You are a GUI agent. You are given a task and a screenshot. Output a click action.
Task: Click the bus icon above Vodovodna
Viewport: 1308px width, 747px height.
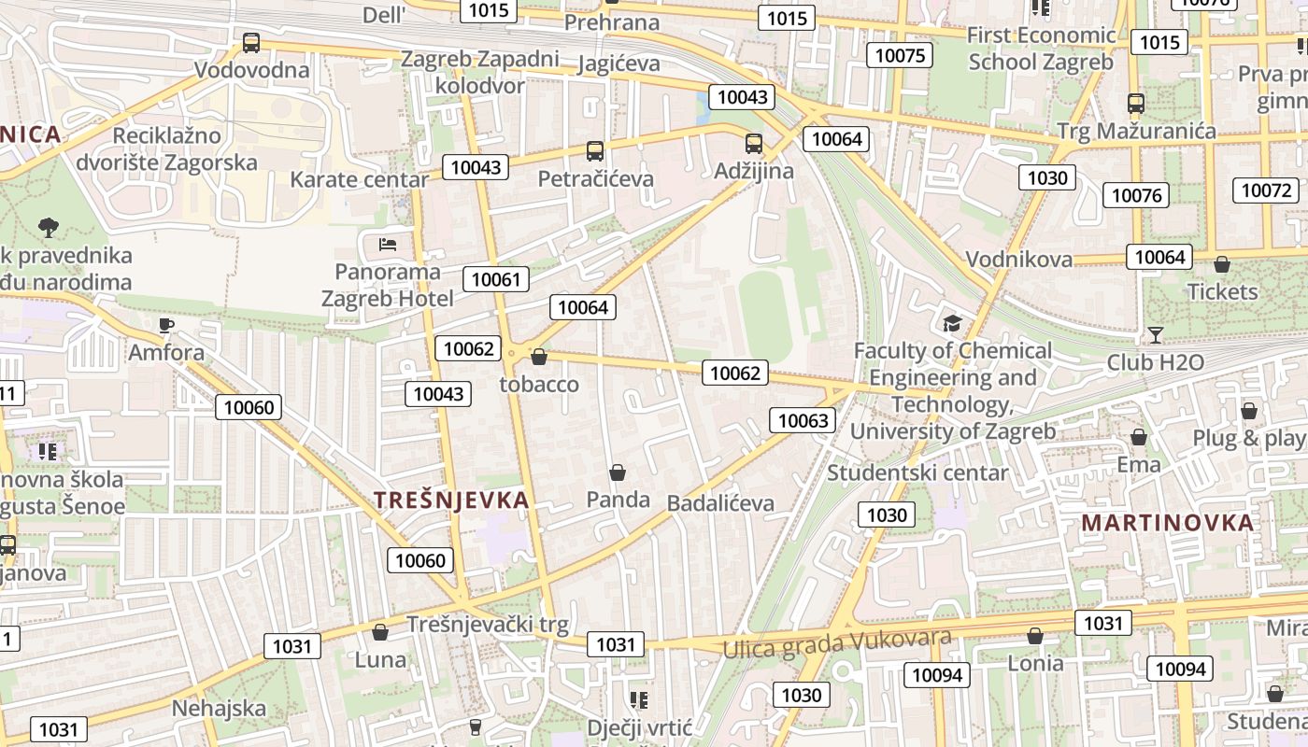[x=250, y=42]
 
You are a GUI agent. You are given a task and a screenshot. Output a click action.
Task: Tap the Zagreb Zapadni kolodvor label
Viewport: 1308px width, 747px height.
[x=479, y=72]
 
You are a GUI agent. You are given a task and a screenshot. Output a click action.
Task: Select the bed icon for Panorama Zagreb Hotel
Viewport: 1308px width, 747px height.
[x=388, y=245]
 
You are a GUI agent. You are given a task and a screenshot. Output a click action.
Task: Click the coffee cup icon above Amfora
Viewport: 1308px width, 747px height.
[x=165, y=325]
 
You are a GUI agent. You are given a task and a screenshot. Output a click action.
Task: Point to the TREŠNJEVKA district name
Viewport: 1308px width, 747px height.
[x=452, y=500]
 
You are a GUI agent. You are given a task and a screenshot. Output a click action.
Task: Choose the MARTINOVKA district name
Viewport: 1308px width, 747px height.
[x=1168, y=523]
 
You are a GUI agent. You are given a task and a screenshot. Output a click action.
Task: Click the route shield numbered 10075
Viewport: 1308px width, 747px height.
[x=900, y=55]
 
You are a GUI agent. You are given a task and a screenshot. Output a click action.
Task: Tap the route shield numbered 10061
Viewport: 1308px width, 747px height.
[x=495, y=278]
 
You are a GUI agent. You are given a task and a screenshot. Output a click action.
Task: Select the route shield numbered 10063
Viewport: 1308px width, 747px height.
[x=803, y=420]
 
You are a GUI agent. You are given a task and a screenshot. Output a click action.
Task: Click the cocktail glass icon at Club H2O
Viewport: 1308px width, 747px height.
[x=1156, y=334]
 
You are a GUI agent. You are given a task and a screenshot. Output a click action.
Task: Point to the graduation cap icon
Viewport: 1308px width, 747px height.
[x=952, y=323]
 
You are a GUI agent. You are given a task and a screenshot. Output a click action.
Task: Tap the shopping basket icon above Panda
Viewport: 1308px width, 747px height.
[x=617, y=472]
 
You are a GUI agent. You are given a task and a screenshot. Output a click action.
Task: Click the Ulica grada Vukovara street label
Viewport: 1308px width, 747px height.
[x=837, y=642]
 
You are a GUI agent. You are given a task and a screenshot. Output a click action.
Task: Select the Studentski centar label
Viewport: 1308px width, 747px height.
[x=918, y=472]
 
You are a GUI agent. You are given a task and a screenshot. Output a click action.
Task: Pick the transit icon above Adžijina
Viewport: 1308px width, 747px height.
[x=754, y=144]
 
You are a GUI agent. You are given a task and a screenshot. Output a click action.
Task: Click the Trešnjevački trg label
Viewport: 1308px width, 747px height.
[x=487, y=625]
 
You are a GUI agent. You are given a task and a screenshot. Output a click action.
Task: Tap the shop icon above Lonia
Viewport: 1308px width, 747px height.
[x=1035, y=636]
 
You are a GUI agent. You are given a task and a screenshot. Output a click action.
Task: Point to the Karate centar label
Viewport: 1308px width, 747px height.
[x=359, y=179]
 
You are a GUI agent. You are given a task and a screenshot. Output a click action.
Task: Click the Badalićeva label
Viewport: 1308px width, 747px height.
[x=720, y=503]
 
